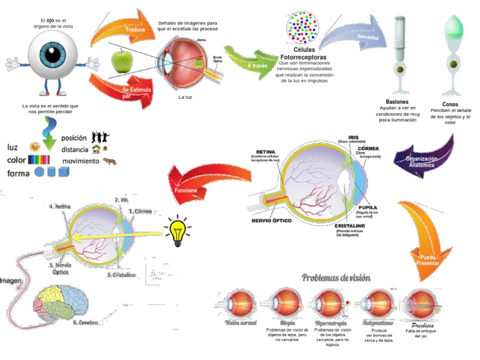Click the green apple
pos(121,61)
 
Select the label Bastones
pos(397,101)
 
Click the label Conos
pos(449,104)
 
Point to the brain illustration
pos(61,303)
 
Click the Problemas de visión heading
pos(336,277)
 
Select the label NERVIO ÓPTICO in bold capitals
pos(274,220)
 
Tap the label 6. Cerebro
pos(87,323)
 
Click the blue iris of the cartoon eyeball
pos(54,54)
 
